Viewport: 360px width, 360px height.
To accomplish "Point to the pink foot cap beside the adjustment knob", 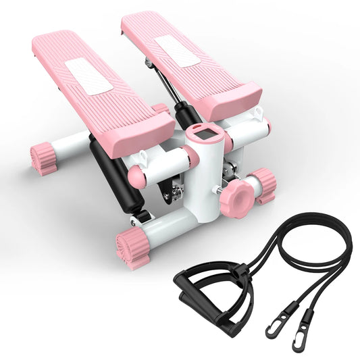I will click(x=263, y=185).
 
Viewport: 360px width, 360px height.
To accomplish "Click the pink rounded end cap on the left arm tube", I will click(x=137, y=177).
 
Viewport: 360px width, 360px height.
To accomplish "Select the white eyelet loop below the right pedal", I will click(x=257, y=113).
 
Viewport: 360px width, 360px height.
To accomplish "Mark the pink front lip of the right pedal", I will click(x=233, y=100).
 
